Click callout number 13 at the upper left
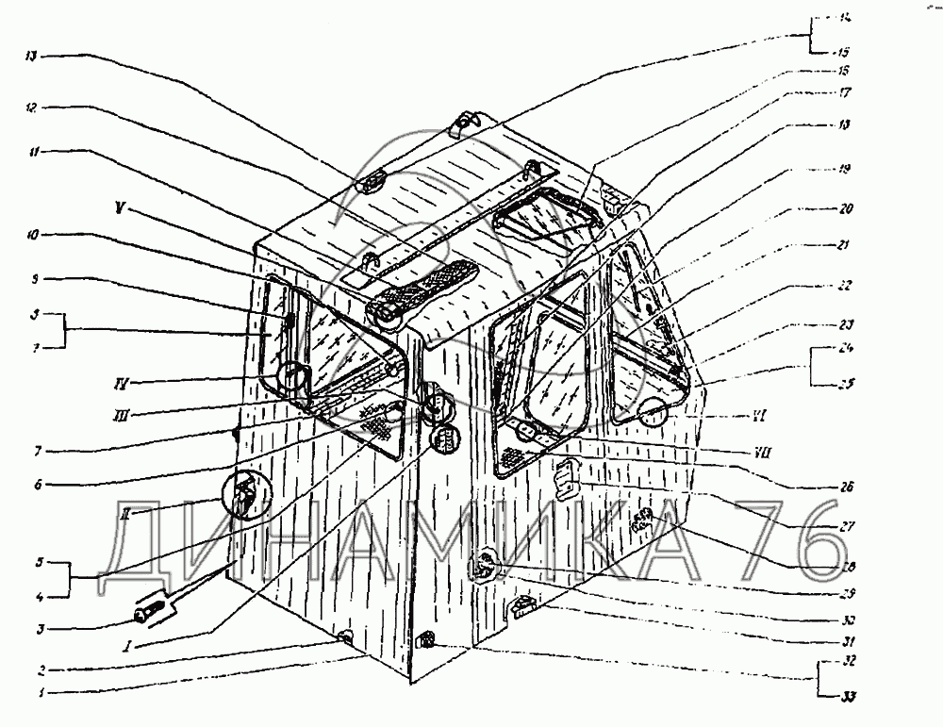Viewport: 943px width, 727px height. point(32,57)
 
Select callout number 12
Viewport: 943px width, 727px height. point(32,107)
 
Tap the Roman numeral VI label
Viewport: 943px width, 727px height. point(737,415)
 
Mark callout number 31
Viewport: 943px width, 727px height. point(846,641)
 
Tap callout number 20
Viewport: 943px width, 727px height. point(846,209)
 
